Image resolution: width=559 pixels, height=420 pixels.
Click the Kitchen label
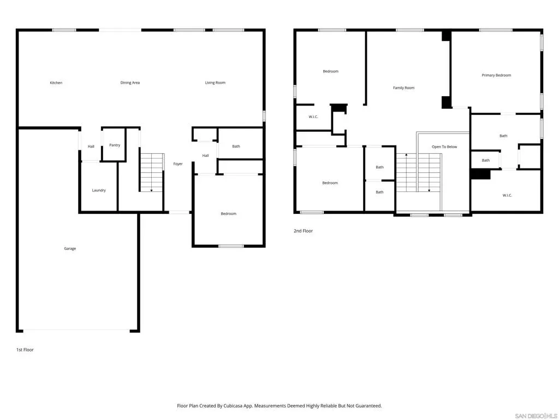(56, 83)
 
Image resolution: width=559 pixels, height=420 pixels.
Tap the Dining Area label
(130, 83)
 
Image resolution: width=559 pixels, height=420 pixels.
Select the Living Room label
(215, 83)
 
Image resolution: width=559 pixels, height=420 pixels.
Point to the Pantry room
(115, 145)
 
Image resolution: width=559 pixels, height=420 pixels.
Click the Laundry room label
(99, 190)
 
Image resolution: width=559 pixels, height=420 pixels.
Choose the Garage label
(70, 249)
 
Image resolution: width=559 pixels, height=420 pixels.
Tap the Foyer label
(178, 164)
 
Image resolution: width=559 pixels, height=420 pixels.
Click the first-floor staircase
(152, 172)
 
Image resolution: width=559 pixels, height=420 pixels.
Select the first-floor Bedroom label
(229, 214)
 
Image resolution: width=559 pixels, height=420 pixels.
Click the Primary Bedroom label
(496, 75)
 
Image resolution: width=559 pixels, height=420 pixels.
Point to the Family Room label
(403, 88)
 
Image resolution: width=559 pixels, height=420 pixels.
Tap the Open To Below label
(444, 147)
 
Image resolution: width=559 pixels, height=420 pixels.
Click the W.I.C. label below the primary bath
(507, 195)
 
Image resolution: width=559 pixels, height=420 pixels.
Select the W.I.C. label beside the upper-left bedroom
(313, 117)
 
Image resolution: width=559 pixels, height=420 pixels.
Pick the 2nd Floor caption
(303, 231)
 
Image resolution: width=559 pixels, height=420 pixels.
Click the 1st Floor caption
(25, 350)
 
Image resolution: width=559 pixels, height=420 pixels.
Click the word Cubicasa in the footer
(233, 406)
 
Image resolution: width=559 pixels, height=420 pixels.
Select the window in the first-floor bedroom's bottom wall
(231, 246)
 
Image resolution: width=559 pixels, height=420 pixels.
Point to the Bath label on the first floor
(236, 147)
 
